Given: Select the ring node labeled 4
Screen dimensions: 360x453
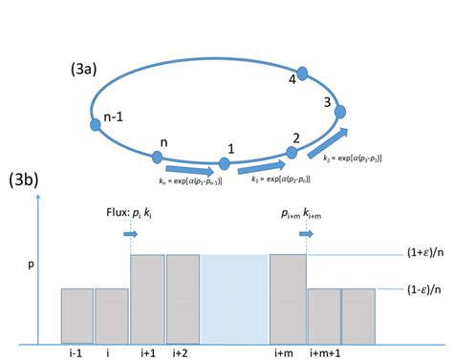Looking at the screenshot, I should coord(303,73).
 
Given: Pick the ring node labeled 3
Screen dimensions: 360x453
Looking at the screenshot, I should coord(337,113).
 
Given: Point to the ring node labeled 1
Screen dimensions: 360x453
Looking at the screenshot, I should coord(224,164).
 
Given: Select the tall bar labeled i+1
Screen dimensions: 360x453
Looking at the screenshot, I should coord(147,298).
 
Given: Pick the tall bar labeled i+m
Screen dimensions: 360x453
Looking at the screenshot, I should coord(287,298).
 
